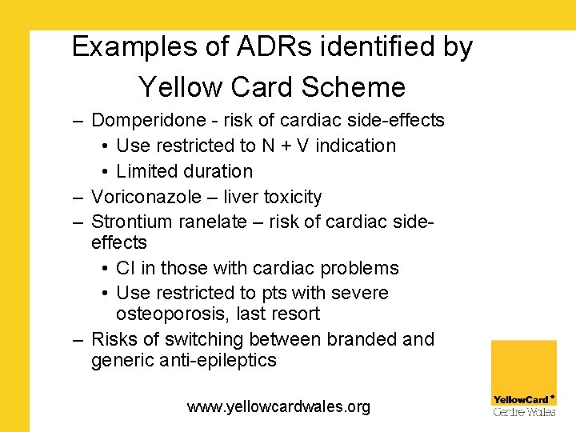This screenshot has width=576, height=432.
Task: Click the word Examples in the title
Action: (x=133, y=47)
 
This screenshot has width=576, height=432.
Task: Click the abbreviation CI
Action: (x=126, y=268)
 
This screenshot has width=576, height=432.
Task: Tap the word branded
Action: (x=358, y=339)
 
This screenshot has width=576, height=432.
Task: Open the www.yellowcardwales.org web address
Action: (x=278, y=407)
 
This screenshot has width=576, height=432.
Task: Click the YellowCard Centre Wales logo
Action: (x=524, y=378)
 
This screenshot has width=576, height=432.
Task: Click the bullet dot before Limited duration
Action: (x=106, y=172)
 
